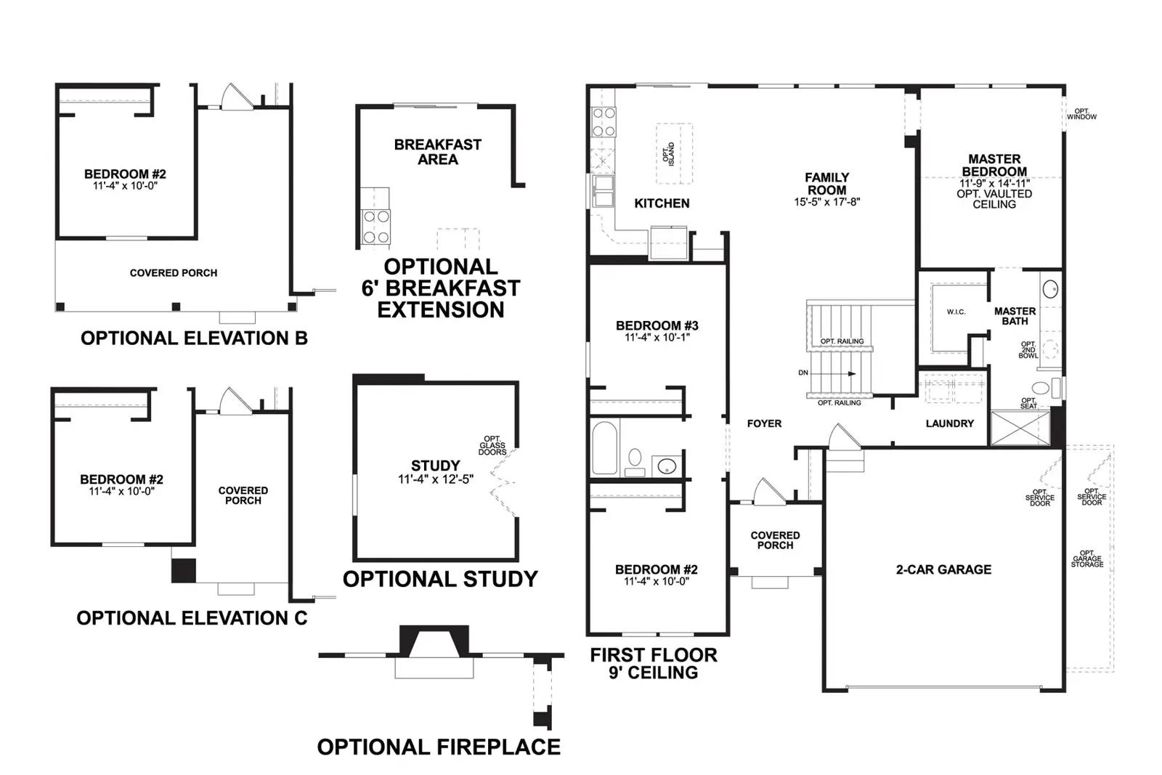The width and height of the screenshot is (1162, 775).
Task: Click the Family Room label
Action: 827,184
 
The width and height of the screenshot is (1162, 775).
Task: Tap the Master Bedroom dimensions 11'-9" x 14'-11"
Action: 994,183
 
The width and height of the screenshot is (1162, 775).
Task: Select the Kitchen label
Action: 662,203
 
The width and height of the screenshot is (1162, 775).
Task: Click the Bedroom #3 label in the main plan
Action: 657,326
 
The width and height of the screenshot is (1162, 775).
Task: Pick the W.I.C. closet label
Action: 956,312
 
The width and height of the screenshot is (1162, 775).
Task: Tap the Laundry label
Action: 950,423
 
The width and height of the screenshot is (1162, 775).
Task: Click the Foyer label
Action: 764,423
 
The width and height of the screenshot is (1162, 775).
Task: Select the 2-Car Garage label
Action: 943,569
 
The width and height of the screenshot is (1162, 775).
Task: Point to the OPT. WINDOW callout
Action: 1081,114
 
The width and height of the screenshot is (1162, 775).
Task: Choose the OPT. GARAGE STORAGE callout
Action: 1087,559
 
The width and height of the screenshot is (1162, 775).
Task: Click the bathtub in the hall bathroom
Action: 605,447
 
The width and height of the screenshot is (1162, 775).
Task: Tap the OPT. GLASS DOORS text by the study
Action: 492,445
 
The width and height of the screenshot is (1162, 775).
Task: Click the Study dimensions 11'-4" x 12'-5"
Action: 436,479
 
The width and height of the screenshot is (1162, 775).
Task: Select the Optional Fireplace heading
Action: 439,747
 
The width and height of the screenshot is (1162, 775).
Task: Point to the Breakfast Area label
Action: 438,152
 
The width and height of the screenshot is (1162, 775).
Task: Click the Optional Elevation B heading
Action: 194,338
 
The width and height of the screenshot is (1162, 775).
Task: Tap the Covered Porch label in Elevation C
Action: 243,495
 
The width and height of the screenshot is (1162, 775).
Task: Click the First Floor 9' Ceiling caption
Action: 654,663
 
